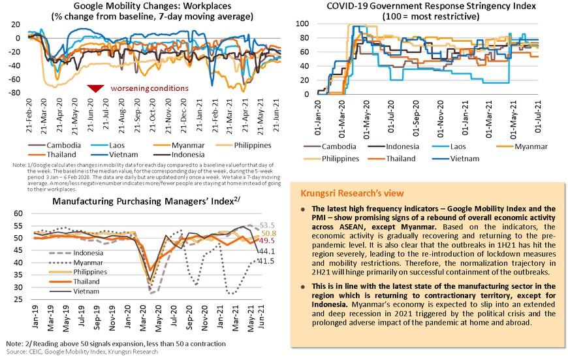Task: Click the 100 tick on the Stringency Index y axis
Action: [x=300, y=23]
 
